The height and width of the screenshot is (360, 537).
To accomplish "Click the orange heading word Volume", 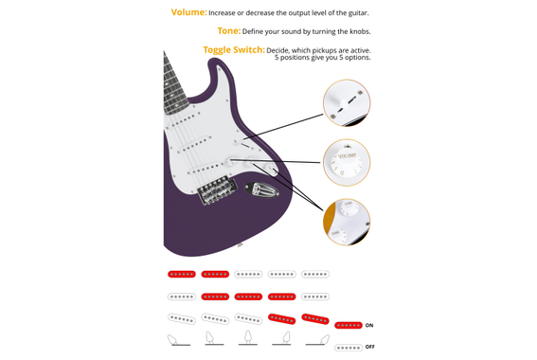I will coord(188,12).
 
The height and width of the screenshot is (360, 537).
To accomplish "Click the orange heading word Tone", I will coord(228,31).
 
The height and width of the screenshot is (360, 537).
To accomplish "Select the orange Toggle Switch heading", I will coord(233,50).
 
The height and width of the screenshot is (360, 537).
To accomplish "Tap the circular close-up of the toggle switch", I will coord(347,102).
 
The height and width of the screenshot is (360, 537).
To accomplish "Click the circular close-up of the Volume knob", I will coord(347,162).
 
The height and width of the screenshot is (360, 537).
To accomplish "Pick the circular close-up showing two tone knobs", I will coord(347,221).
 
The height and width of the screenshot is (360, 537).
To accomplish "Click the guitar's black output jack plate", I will coord(262,189).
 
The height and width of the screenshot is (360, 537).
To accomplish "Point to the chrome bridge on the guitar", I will coord(216,189).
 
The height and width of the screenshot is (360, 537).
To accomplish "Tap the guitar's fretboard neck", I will coord(174,81).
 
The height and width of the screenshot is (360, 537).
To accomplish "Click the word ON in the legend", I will coord(369,326).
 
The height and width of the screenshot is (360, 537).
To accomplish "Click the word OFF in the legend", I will coord(370,347).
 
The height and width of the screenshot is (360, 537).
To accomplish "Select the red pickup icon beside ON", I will coord(349,326).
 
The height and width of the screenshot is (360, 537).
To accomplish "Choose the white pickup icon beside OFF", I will coord(349,348).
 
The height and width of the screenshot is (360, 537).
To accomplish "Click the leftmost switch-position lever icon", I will coord(177,339).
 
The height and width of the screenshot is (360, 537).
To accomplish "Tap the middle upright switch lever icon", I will coord(248,337).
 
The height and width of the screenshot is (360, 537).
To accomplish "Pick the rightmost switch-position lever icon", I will coord(319,339).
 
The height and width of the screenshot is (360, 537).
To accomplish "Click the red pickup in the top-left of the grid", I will coord(182,275).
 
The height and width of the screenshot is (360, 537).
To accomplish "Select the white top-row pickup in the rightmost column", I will coord(315,275).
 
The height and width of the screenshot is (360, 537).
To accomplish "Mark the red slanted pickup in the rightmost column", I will coord(315,319).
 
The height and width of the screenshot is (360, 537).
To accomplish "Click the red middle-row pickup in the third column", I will coord(248,297).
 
